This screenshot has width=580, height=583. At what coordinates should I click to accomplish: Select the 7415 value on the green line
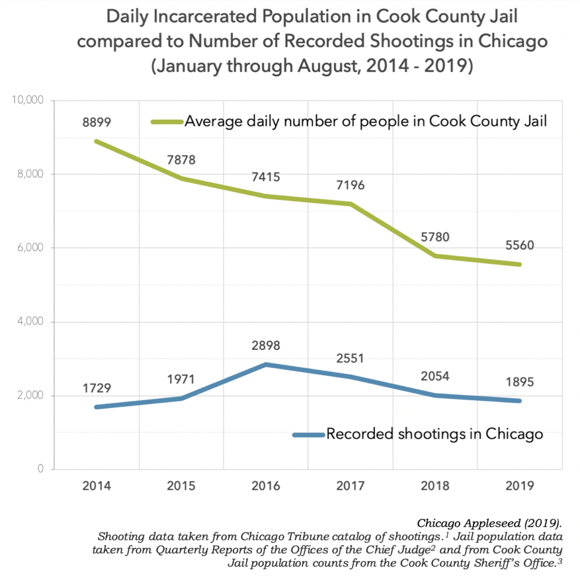pyautogui.click(x=266, y=178)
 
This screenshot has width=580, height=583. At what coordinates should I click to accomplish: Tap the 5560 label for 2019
pyautogui.click(x=520, y=246)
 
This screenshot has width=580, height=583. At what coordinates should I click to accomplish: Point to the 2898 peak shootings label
pyautogui.click(x=266, y=346)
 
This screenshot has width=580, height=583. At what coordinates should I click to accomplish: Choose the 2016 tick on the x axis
pyautogui.click(x=266, y=486)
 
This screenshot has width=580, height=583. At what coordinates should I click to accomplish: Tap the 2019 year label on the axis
pyautogui.click(x=520, y=486)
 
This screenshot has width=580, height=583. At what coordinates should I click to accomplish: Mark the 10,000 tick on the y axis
pyautogui.click(x=28, y=100)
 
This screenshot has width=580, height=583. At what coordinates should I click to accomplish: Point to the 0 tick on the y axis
pyautogui.click(x=40, y=469)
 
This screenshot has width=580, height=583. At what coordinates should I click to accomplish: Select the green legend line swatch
pyautogui.click(x=166, y=121)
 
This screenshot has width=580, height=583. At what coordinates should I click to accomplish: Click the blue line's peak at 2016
pyautogui.click(x=266, y=364)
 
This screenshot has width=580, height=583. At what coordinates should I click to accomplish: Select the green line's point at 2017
pyautogui.click(x=351, y=204)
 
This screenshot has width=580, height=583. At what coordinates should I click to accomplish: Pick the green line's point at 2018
pyautogui.click(x=435, y=256)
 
